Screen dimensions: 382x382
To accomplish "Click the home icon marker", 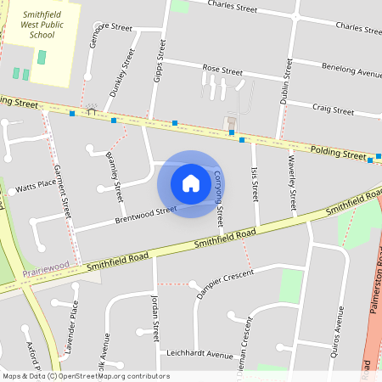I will [x=191, y=183].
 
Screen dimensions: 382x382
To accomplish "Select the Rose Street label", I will [x=222, y=68].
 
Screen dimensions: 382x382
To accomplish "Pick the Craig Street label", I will [x=333, y=110].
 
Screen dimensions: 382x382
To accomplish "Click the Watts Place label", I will [x=36, y=185].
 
